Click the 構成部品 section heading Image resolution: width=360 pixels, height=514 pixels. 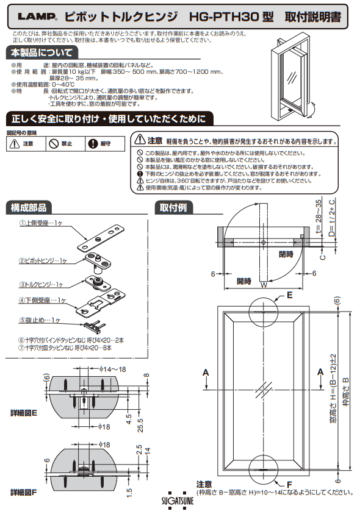point(29,207)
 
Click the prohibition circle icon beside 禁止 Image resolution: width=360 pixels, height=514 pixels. point(54,144)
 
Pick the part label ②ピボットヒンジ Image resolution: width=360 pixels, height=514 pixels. point(44,260)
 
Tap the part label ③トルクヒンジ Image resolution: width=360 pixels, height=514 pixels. point(41,284)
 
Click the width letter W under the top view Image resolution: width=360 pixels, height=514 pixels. point(263,284)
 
